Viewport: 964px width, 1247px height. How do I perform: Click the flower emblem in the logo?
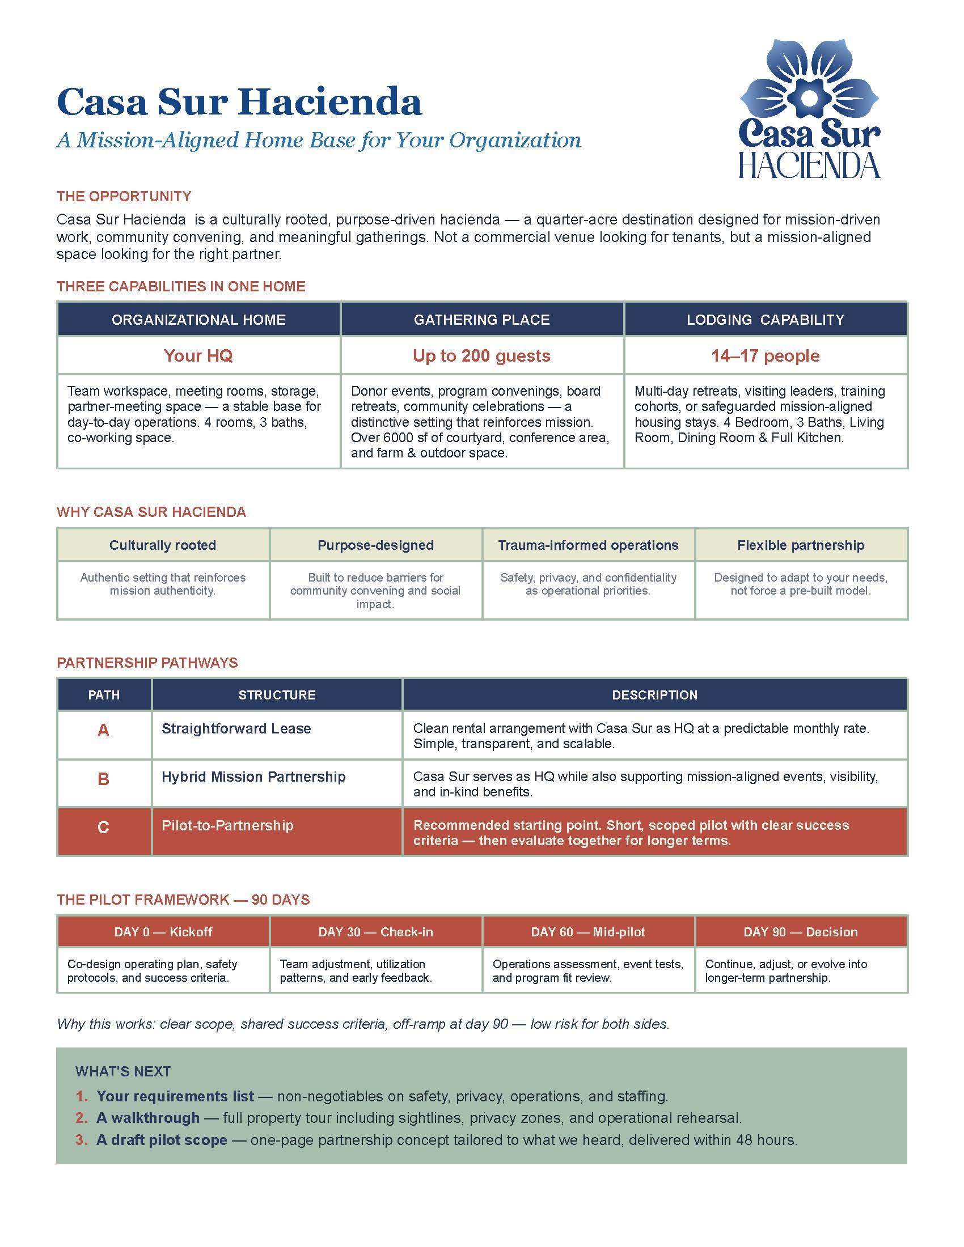click(x=809, y=80)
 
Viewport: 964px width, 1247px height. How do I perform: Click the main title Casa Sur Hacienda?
click(x=239, y=102)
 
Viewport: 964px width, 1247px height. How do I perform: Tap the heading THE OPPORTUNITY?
click(x=124, y=197)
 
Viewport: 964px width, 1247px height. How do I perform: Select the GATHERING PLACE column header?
click(x=481, y=320)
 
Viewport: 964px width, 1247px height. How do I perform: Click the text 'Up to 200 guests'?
click(x=481, y=356)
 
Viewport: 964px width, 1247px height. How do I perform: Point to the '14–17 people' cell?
click(x=766, y=356)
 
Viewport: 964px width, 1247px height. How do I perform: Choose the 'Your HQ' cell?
click(x=198, y=356)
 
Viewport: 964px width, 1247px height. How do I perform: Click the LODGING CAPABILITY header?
click(x=766, y=320)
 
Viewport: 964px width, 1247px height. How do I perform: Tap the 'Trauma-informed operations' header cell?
click(x=588, y=545)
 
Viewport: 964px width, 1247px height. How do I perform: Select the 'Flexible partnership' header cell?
click(x=801, y=545)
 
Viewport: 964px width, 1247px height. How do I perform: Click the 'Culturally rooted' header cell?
click(x=163, y=545)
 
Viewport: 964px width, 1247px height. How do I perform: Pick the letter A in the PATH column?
click(x=103, y=730)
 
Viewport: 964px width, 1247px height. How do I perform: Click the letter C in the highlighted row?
click(x=103, y=828)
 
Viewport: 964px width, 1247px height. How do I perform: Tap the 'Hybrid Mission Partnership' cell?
click(x=253, y=777)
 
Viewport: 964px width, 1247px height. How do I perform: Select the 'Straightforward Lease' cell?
click(x=236, y=728)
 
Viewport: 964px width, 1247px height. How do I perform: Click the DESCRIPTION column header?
click(x=654, y=695)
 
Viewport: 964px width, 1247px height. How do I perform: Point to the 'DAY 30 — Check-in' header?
click(x=376, y=932)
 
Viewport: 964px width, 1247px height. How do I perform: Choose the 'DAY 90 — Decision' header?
click(x=801, y=932)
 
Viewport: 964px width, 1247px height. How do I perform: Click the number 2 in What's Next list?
click(x=81, y=1118)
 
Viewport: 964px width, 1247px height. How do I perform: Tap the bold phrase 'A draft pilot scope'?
click(x=162, y=1140)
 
